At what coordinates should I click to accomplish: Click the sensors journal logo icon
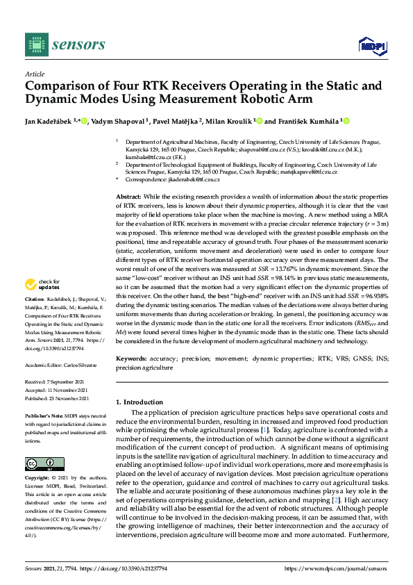(x=34, y=44)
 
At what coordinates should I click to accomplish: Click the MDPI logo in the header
(x=372, y=46)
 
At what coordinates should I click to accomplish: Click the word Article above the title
(x=34, y=73)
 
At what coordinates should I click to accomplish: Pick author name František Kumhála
(x=307, y=121)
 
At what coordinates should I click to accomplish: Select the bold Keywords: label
(x=131, y=359)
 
